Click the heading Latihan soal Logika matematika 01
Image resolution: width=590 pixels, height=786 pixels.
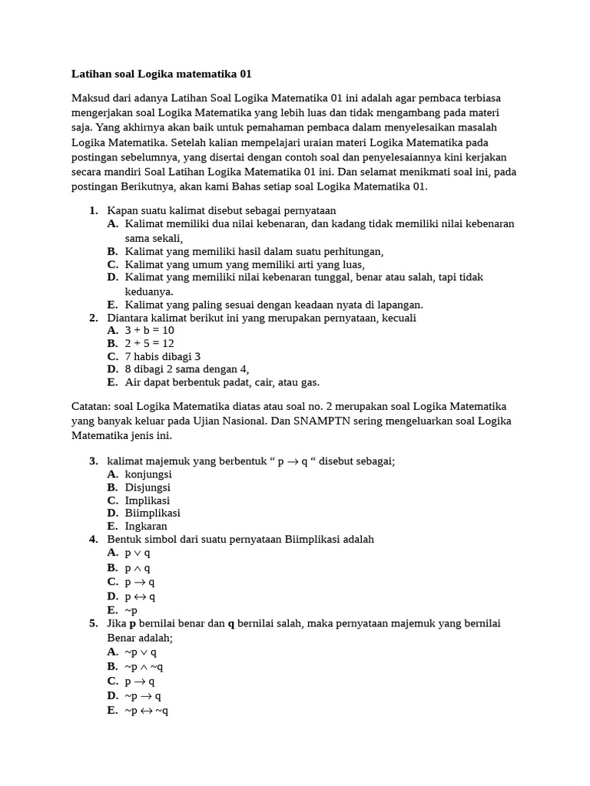click(161, 74)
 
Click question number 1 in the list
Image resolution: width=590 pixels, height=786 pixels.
click(93, 210)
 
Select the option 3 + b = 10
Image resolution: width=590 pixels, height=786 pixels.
click(150, 330)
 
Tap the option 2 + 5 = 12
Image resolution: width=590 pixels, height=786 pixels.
click(150, 343)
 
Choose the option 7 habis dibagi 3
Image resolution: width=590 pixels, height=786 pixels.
click(162, 356)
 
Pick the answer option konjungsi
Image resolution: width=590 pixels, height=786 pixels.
click(148, 474)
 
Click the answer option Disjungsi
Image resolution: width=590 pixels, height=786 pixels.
click(147, 487)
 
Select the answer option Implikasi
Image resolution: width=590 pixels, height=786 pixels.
click(147, 500)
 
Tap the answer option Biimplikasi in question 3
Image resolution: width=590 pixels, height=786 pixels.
click(152, 513)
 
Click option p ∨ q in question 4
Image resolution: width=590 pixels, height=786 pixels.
click(138, 553)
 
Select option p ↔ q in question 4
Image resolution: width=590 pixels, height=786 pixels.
click(140, 596)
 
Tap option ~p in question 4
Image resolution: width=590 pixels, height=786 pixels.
click(131, 610)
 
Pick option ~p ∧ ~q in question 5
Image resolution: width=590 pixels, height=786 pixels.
click(144, 666)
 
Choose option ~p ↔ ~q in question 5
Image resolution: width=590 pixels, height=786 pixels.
click(146, 711)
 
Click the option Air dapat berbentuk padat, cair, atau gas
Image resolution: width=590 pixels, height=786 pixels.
click(222, 382)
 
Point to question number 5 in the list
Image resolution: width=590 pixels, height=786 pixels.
click(93, 623)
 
